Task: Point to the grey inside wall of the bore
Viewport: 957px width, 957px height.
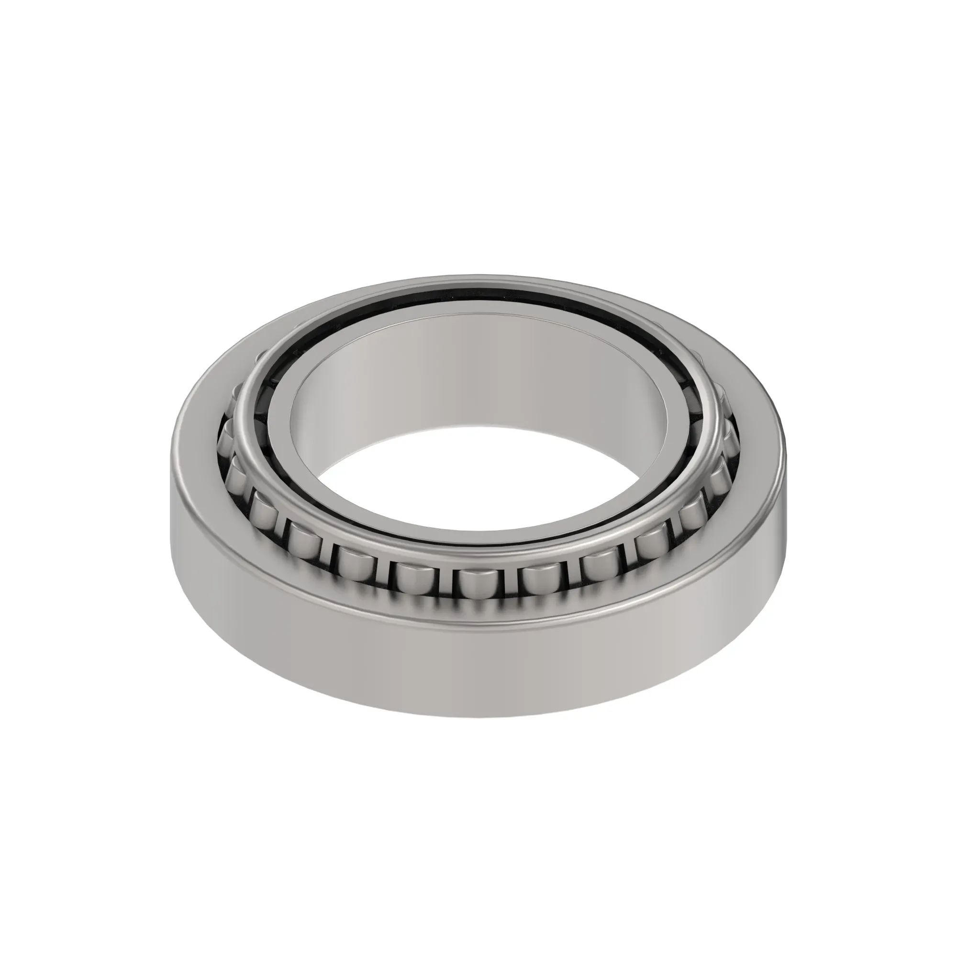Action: [x=476, y=377]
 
